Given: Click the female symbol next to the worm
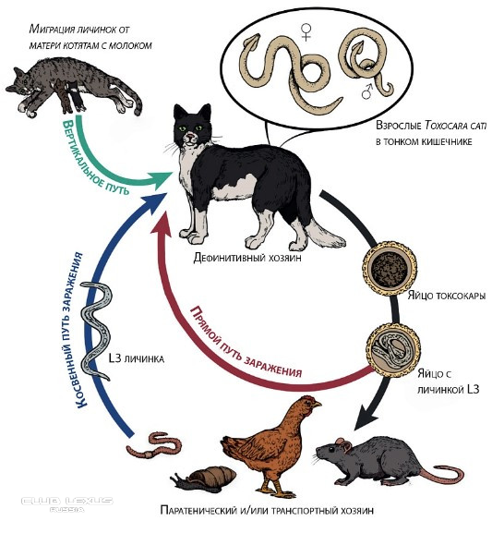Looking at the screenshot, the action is pos(306,31).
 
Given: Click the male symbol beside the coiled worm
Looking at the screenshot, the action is pos(367,91).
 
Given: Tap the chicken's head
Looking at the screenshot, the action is pos(309,404).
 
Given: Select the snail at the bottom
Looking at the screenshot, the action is pos(204,478).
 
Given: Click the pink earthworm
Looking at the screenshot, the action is pos(154,445).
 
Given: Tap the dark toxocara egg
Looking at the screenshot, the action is pos(389,268).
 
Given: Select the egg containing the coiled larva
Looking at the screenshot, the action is pos(393,349).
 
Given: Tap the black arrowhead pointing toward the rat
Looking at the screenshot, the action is pos(367,416).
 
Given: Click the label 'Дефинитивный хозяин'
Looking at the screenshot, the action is pos(247,258).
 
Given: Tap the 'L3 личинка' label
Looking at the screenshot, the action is pos(137,358).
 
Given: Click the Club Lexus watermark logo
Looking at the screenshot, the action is pos(67,503).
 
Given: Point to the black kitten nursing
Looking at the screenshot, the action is pos(77,96).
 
